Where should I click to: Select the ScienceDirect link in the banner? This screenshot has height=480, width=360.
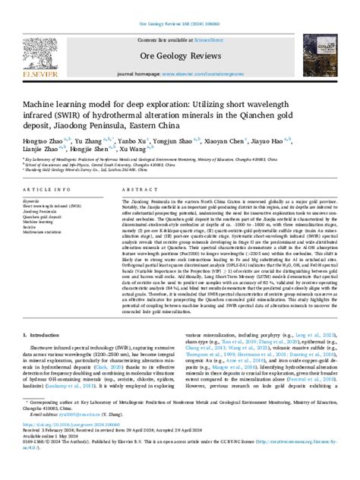click(212, 38)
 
